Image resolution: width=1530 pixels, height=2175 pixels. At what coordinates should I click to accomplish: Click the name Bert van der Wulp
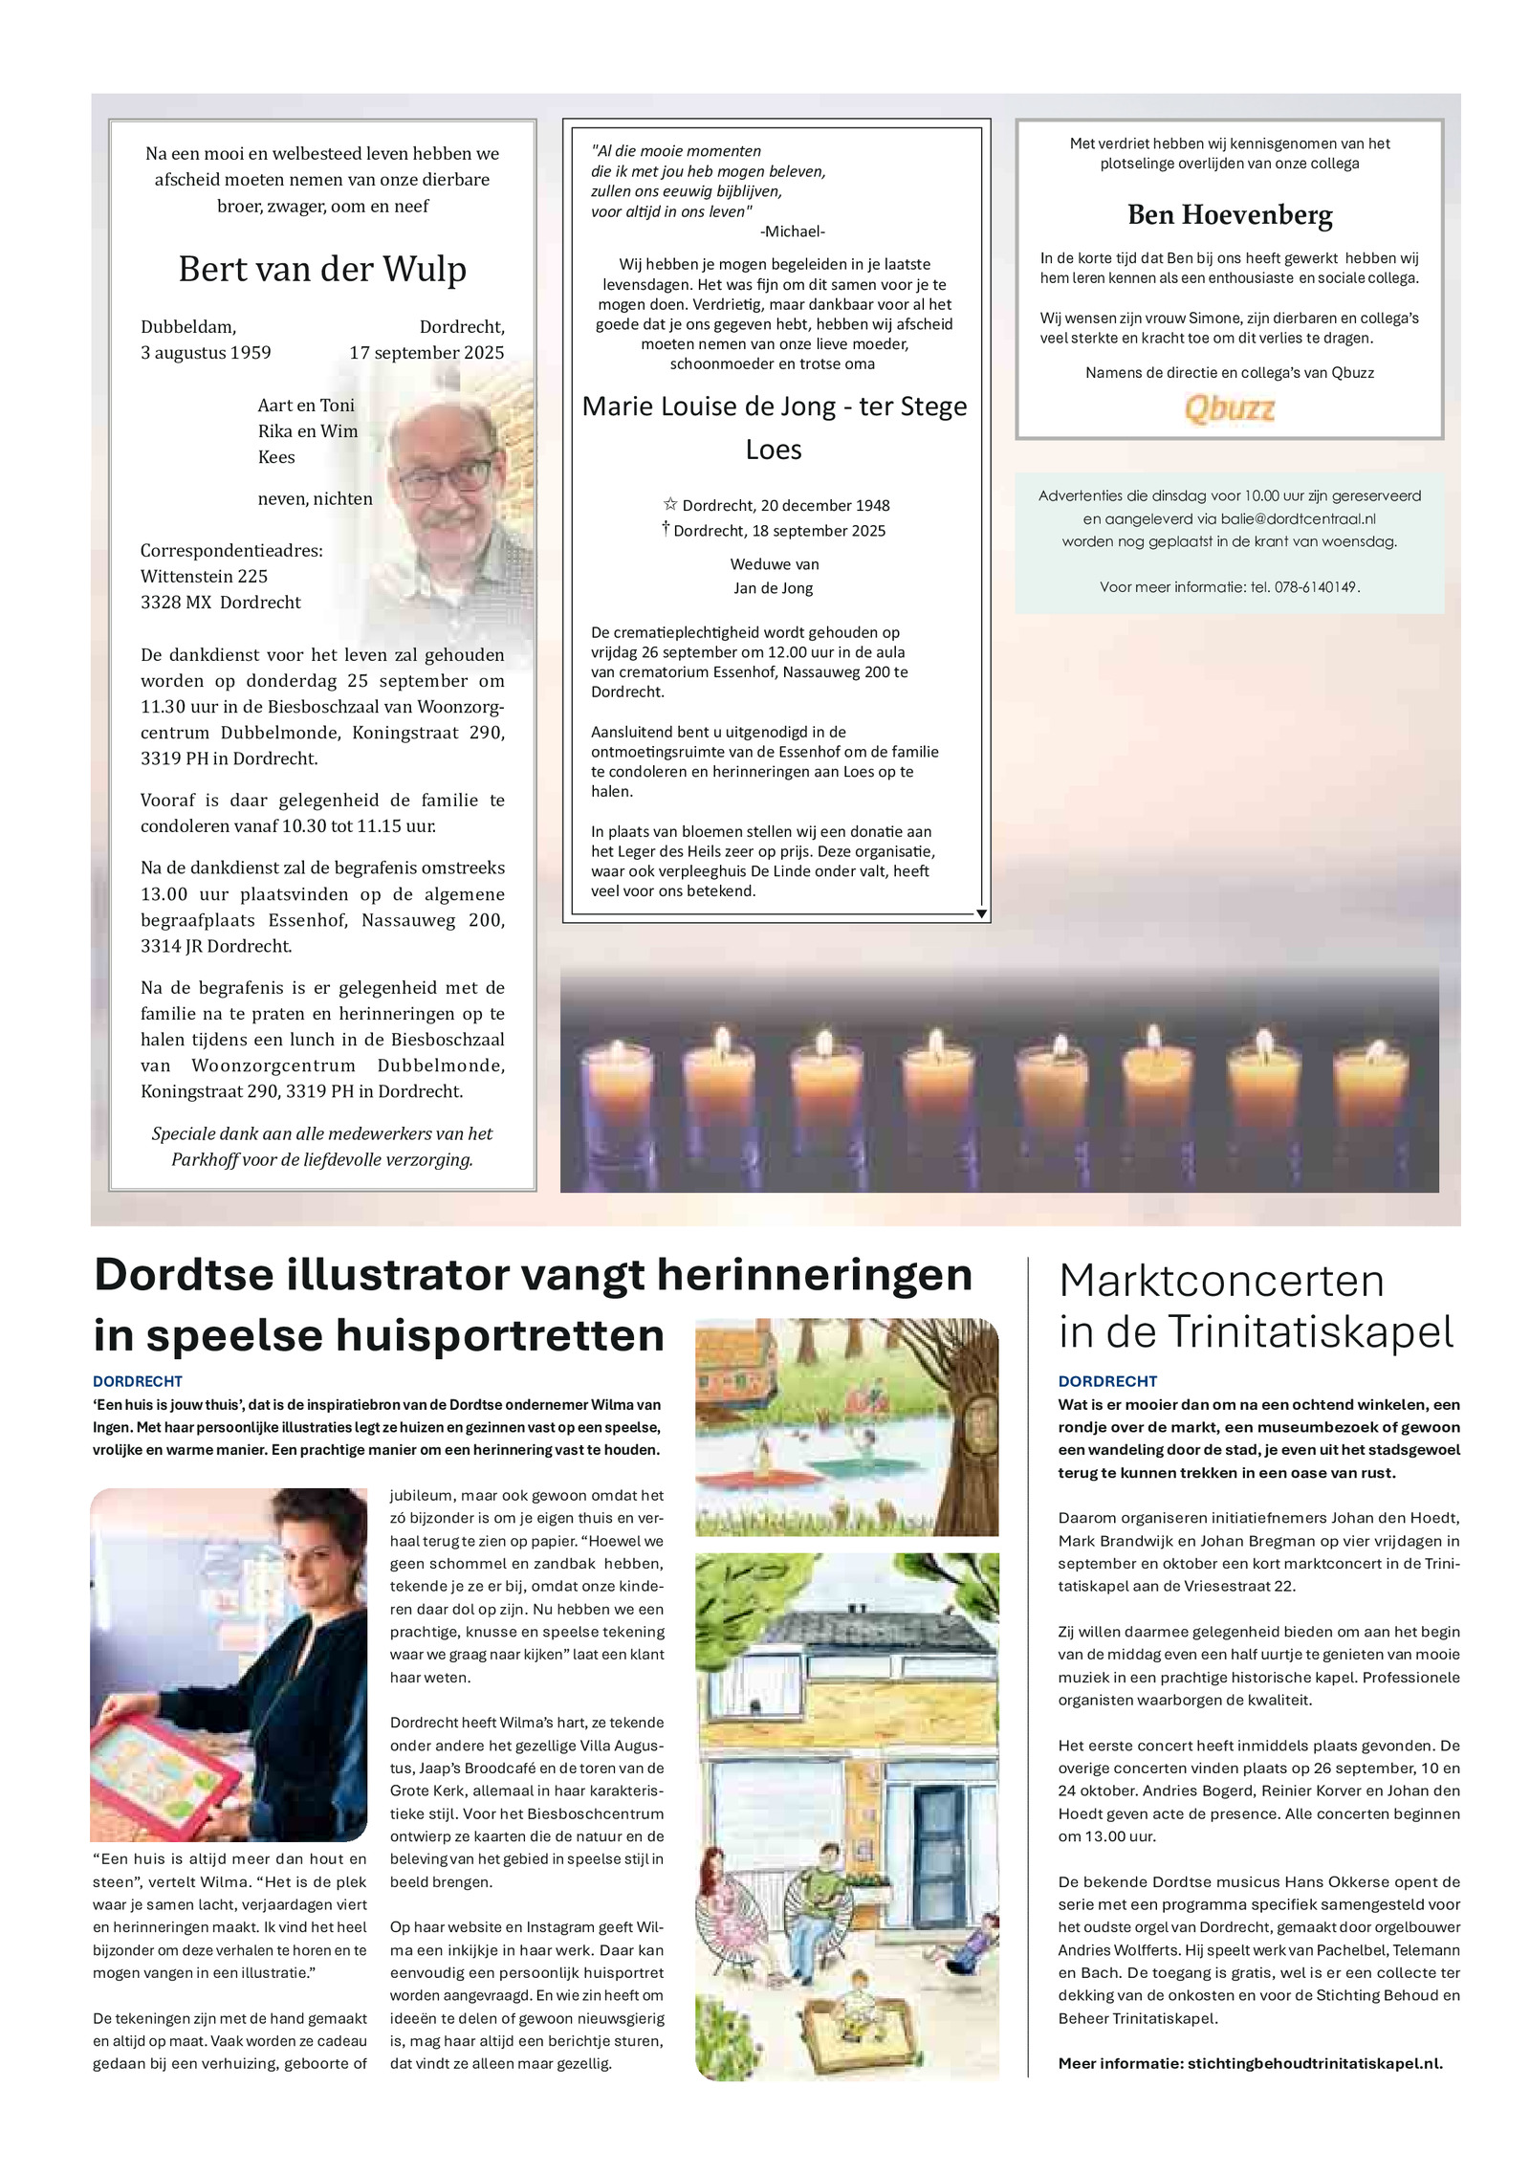(x=322, y=270)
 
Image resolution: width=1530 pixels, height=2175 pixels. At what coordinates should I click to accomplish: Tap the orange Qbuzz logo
(x=1229, y=409)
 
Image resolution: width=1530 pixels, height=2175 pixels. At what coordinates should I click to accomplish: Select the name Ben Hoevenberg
(x=1229, y=215)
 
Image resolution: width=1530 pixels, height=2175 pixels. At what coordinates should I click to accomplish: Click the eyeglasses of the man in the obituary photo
(x=446, y=476)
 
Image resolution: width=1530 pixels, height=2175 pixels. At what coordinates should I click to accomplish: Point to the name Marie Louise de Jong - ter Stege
(x=774, y=406)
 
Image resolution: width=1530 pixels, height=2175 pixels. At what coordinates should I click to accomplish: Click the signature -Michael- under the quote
(x=792, y=231)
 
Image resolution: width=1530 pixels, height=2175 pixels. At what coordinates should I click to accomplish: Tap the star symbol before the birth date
(x=670, y=504)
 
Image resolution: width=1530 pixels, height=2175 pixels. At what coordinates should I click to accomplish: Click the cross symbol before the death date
(x=666, y=528)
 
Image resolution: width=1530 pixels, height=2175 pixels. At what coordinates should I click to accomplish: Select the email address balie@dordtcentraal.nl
(x=1298, y=518)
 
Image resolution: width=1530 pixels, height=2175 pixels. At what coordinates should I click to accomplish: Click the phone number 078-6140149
(x=1316, y=587)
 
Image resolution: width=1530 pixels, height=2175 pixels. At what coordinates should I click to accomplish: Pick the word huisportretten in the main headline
(x=405, y=1335)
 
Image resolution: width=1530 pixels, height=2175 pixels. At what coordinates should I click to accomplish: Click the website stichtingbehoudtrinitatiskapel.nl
(x=1314, y=2063)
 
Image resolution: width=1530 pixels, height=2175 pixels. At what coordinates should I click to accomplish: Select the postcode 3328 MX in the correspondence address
(x=177, y=603)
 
